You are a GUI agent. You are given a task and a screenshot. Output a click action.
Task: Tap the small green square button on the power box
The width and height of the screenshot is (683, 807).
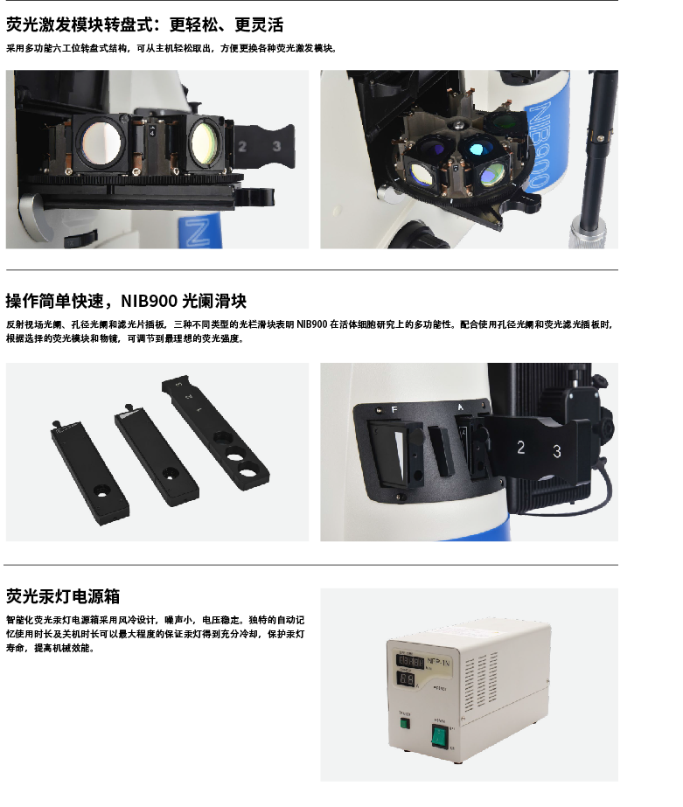point(405,724)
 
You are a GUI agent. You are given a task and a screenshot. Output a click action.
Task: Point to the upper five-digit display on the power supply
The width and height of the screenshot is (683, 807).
point(409,661)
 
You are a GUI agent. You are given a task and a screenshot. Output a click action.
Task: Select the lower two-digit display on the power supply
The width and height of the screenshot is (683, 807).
point(407,678)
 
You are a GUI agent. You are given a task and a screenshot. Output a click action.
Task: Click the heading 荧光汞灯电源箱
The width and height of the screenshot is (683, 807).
point(63,596)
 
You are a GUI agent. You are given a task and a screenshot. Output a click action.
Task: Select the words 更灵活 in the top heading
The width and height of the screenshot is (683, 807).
point(259,24)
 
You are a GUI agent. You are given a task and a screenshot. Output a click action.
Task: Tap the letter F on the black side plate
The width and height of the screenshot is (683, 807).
point(394,410)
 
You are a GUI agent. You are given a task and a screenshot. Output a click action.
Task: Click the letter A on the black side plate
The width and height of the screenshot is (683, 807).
point(461,407)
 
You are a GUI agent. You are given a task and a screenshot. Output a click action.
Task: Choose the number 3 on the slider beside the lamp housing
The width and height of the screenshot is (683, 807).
point(557,451)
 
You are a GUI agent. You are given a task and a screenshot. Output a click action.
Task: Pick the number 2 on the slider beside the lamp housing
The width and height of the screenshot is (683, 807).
point(521,448)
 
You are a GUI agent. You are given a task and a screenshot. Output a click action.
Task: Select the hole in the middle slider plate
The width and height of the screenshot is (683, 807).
point(169,472)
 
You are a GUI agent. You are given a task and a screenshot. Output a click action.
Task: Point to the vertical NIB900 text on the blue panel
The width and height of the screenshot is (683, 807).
point(538,144)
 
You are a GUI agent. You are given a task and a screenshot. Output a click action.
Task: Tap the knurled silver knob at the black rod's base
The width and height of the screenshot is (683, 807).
point(587,233)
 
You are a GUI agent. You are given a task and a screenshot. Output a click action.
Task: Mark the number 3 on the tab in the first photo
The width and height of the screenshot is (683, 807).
point(276,146)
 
